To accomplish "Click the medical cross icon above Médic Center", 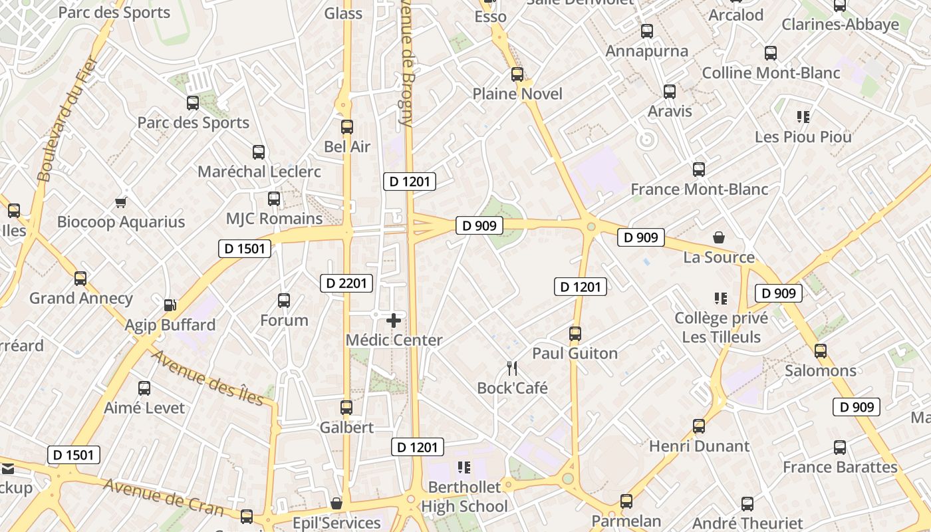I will (394, 321).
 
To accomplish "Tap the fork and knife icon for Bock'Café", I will (512, 368).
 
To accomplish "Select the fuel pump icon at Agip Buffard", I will (170, 305).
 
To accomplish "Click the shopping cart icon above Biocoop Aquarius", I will (120, 202).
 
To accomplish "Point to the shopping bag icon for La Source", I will (719, 237).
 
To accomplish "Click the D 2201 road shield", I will (346, 283).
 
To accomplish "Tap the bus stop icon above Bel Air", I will (346, 126).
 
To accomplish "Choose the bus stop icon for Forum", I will (284, 301).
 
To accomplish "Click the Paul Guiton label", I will (575, 353).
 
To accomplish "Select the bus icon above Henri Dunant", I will (699, 426).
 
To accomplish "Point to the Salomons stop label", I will (821, 370).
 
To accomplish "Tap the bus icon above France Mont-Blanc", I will (699, 170).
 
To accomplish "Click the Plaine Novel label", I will (517, 94).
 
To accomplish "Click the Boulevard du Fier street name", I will (66, 120).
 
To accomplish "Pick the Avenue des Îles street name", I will (208, 376).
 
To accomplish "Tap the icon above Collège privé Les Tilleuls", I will (721, 299).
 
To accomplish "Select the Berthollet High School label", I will (464, 497).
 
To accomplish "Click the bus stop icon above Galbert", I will (346, 408).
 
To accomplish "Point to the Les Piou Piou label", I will (803, 137).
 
